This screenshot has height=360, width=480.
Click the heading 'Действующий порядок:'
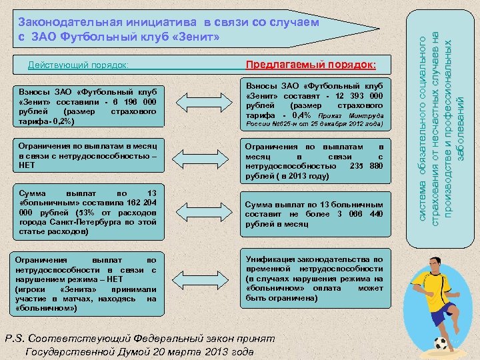click(78, 65)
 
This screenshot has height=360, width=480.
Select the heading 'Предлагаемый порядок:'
click(311, 65)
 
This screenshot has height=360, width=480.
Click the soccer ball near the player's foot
click(441, 344)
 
